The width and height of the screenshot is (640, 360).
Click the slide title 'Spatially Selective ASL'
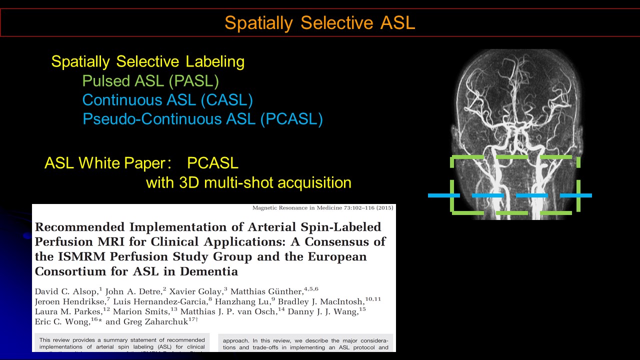click(x=319, y=23)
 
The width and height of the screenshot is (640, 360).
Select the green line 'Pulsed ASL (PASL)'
click(x=150, y=81)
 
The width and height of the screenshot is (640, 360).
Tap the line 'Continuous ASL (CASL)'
click(x=167, y=100)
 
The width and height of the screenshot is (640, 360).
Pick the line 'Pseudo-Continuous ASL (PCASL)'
click(x=202, y=119)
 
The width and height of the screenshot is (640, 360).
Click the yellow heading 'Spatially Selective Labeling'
click(x=148, y=62)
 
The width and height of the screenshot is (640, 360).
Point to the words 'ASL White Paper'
click(x=104, y=163)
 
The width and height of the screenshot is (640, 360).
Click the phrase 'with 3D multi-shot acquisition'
click(x=248, y=182)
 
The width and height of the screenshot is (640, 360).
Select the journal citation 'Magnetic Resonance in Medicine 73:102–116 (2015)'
click(x=322, y=208)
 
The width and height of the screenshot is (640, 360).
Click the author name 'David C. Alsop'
click(x=66, y=291)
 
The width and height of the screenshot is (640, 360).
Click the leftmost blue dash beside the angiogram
click(x=443, y=195)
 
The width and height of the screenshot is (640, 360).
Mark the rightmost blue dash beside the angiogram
click(x=575, y=195)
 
